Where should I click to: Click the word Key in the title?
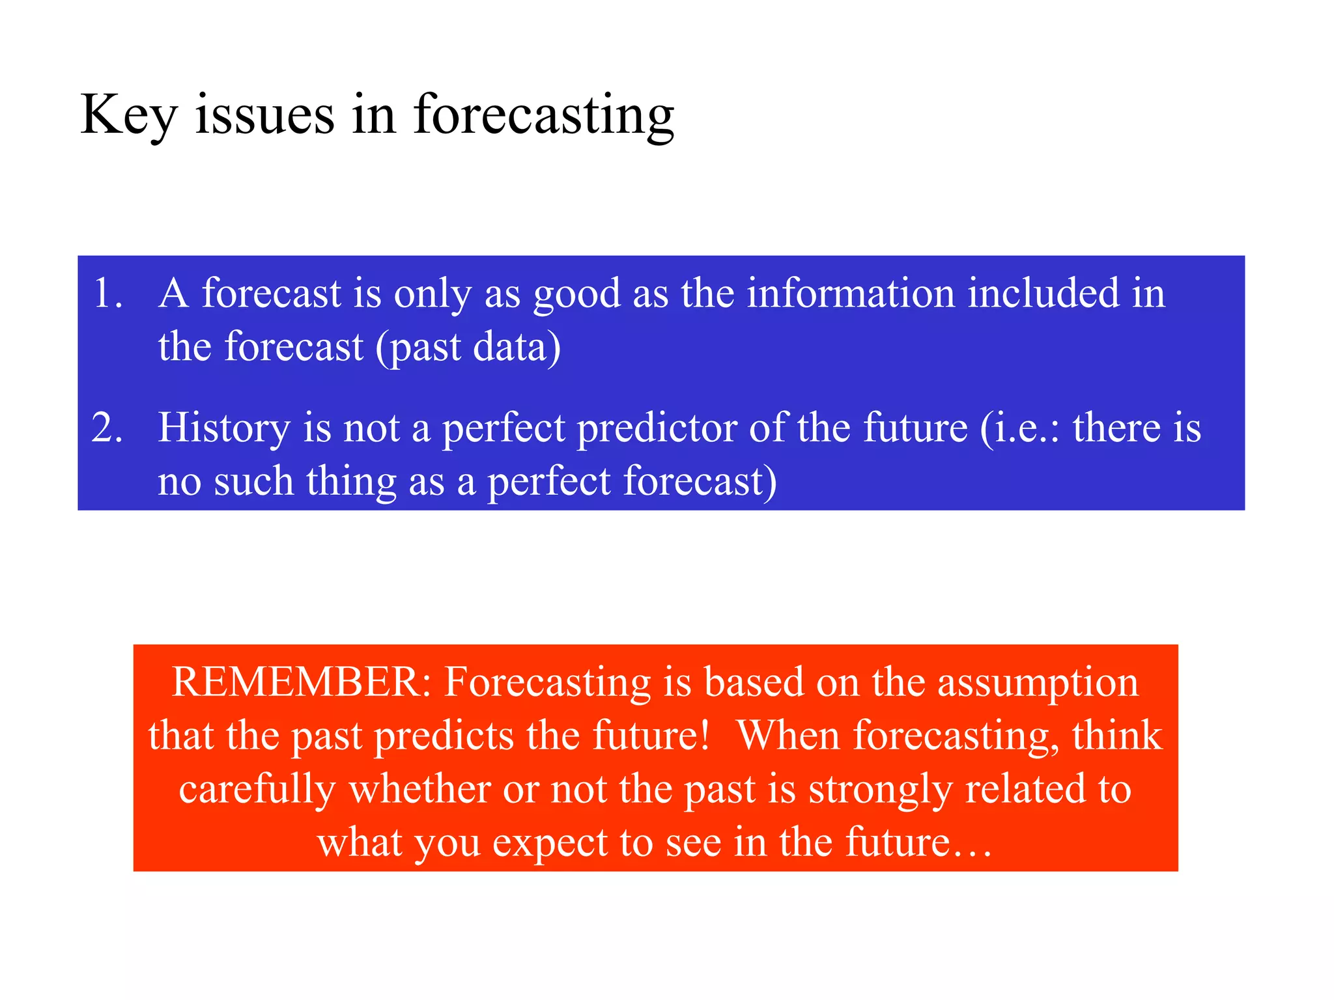coord(128,115)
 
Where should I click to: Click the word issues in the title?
coord(264,115)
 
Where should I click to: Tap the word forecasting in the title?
coord(544,115)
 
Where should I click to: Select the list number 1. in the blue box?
coord(107,294)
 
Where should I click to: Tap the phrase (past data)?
coord(468,348)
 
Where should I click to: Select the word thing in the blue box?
coord(351,482)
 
